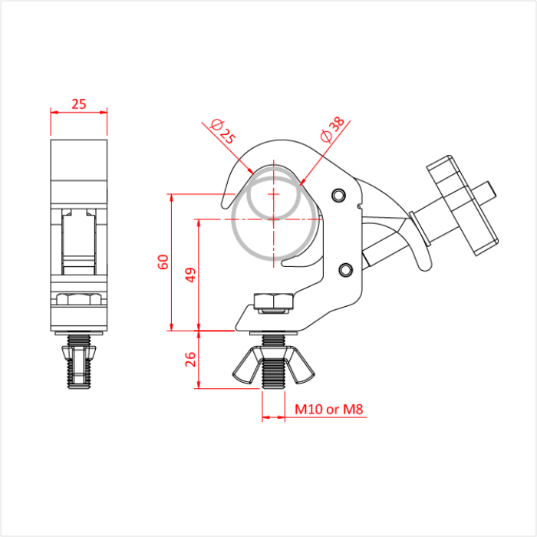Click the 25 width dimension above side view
click(x=79, y=104)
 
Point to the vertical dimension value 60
click(x=163, y=262)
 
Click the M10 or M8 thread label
click(x=328, y=410)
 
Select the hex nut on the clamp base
click(x=273, y=302)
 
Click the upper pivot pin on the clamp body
click(x=338, y=193)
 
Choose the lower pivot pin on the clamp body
click(x=346, y=269)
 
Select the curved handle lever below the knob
click(x=415, y=245)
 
